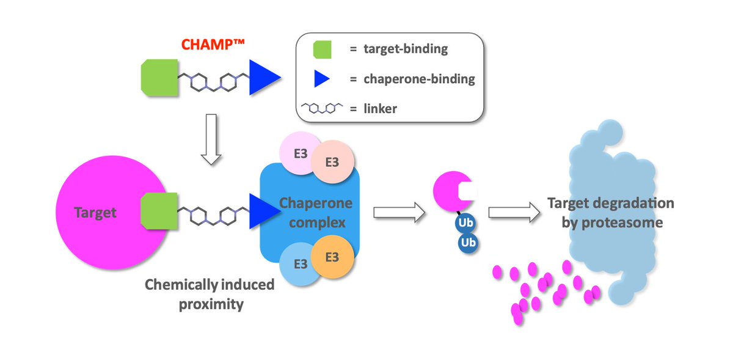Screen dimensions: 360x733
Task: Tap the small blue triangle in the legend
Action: (x=321, y=78)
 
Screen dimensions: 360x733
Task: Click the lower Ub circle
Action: (x=469, y=243)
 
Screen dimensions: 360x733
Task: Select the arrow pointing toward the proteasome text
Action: (x=514, y=212)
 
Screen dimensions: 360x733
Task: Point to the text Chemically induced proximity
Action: (x=210, y=294)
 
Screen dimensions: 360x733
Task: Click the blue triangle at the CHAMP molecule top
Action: (x=261, y=78)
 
